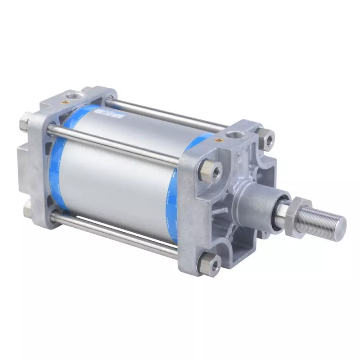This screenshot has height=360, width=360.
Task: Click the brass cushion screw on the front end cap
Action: click(x=221, y=140)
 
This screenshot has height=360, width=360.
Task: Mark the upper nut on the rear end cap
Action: click(x=25, y=121)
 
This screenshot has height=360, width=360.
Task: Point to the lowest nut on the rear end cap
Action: click(x=26, y=208)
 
